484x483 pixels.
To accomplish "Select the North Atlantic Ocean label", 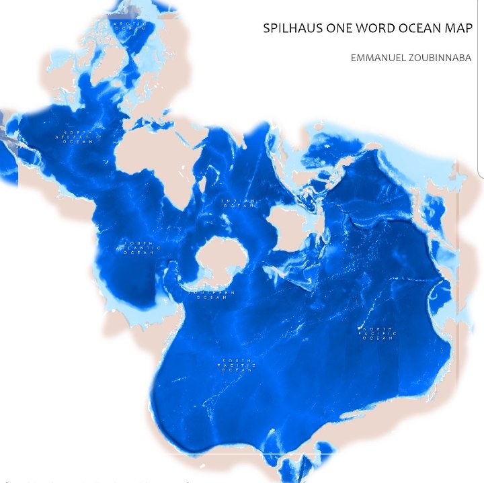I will tap(77, 137).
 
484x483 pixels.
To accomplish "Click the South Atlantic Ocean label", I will tap(139, 248).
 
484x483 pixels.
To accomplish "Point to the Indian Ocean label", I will tap(239, 203).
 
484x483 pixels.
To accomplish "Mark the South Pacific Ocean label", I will tap(236, 365).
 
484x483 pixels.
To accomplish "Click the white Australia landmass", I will tap(290, 225).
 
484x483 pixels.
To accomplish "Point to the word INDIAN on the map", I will tap(239, 200).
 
